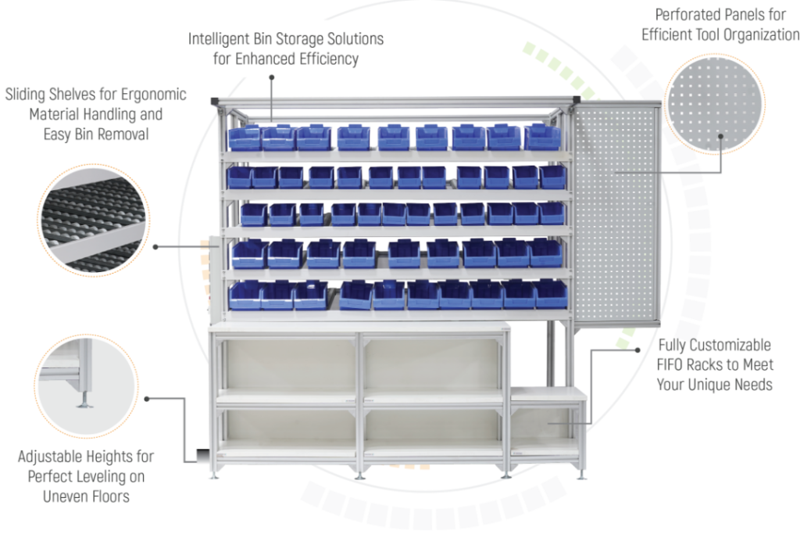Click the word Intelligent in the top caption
pos(219,39)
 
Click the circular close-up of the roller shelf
pos(94,221)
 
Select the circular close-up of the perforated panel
pos(714,104)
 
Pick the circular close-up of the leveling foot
pos(87,386)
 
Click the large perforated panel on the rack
pos(615,213)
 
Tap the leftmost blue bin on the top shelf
pos(245,138)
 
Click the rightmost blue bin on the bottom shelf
pos(550,296)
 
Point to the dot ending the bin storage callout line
pos(272,77)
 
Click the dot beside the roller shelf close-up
pos(155,247)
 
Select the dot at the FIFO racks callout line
pos(637,350)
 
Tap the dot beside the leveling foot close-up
pos(147,399)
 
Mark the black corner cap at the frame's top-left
pos(214,101)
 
